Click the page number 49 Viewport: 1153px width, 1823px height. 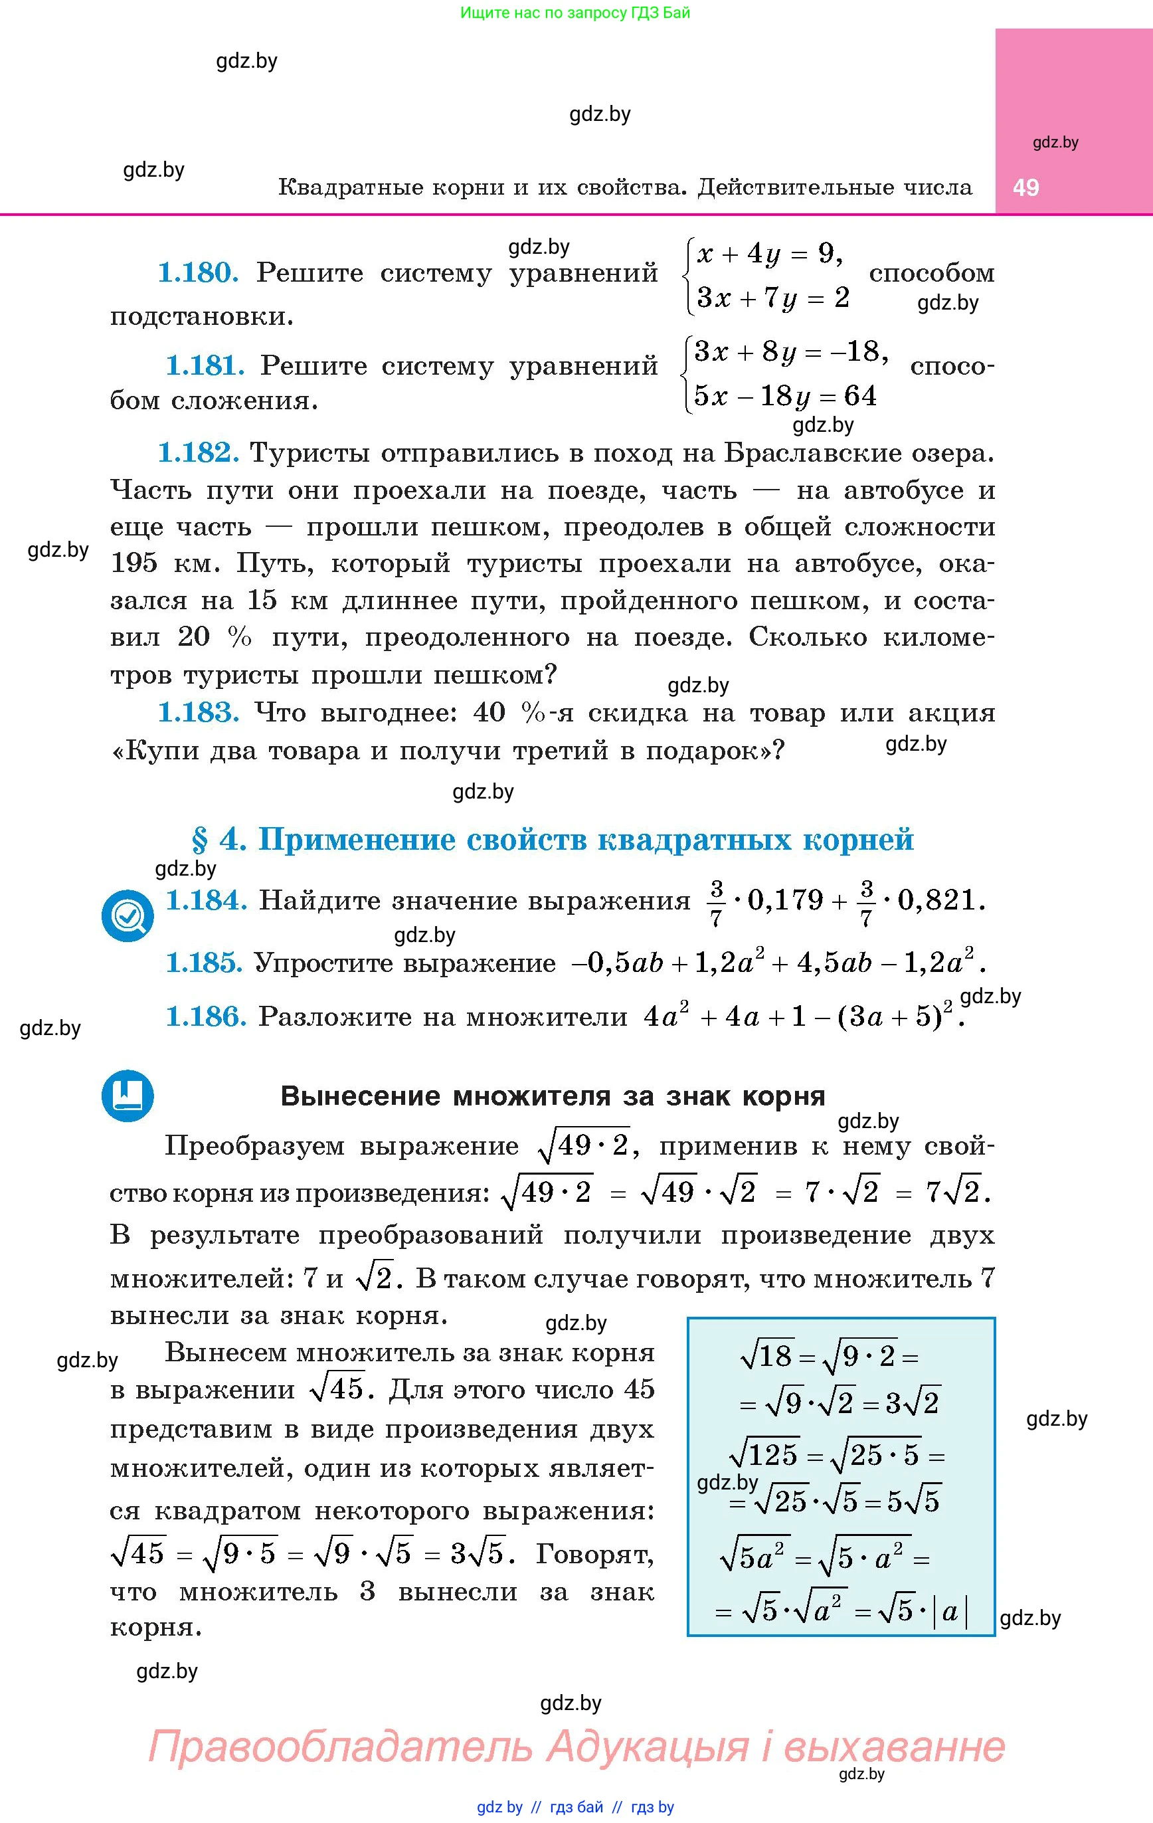[1026, 188]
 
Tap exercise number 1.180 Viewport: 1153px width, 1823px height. [199, 272]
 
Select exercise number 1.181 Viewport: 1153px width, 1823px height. [205, 365]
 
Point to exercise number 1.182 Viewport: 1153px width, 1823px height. [199, 452]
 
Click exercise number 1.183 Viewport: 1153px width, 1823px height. [199, 712]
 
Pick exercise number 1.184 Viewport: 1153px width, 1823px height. [206, 900]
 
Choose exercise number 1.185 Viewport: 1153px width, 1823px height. [204, 963]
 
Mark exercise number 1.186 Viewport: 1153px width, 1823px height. [206, 1016]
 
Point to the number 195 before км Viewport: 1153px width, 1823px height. [135, 563]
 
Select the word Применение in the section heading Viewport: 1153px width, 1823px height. [356, 840]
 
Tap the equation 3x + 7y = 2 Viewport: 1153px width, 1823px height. [772, 298]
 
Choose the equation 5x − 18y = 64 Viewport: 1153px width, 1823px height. [784, 396]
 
